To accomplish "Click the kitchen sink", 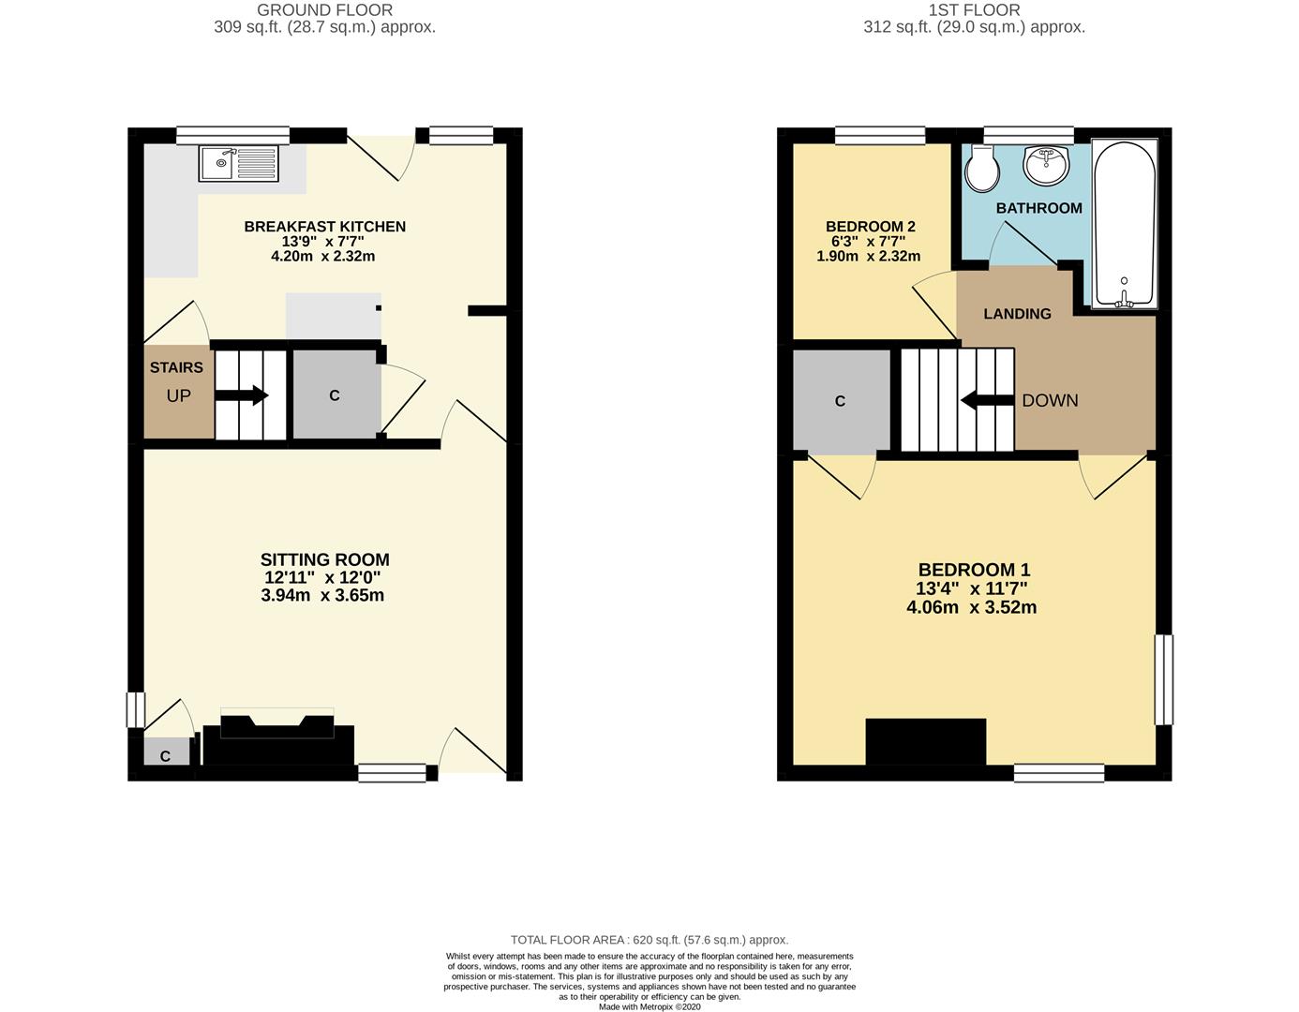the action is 238,163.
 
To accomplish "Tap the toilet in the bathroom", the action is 981,168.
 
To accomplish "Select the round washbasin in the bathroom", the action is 1046,164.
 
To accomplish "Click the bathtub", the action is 1124,224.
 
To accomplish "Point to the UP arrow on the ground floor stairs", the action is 241,394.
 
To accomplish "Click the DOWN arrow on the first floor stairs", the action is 987,400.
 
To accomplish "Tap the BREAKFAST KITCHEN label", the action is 324,227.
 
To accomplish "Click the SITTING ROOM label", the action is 324,559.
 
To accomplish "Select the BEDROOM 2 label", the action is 871,227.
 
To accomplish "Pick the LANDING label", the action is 1018,314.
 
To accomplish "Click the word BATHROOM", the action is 1039,208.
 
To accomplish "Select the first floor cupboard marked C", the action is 841,400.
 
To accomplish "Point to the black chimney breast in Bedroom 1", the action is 925,741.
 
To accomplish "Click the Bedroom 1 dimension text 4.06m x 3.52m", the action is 971,607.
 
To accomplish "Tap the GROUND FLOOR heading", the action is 324,10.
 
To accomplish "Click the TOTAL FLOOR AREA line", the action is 649,940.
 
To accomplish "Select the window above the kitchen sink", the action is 233,136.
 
